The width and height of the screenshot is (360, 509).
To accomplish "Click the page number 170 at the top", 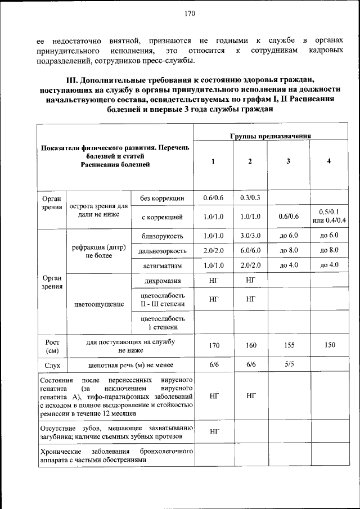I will click(189, 14).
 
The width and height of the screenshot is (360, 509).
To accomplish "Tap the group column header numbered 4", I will click(329, 162).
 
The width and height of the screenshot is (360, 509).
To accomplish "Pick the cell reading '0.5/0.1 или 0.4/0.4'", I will click(332, 216).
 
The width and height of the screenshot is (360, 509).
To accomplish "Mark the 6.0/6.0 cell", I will click(250, 250).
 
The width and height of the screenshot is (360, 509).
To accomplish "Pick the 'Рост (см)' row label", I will click(52, 346).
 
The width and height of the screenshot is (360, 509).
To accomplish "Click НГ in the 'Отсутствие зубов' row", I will click(214, 432).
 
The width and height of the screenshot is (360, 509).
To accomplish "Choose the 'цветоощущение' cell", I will click(99, 305).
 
